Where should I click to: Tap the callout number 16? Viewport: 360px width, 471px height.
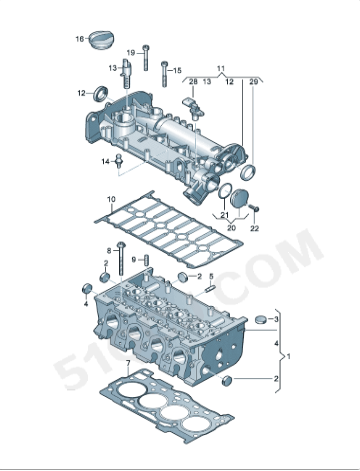[x=80, y=39]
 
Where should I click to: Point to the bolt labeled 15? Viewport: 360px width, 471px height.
[x=162, y=72]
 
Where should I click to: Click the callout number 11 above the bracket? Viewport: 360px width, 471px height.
[x=222, y=67]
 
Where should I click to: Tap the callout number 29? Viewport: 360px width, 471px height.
[x=253, y=80]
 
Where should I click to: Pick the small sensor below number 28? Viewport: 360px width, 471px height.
[x=190, y=102]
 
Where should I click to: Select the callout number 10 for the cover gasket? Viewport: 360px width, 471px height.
[x=111, y=200]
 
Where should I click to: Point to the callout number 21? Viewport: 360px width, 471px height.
[x=226, y=216]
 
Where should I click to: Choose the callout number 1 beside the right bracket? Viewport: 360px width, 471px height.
[x=290, y=355]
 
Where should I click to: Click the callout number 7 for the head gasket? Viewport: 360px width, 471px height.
[x=127, y=363]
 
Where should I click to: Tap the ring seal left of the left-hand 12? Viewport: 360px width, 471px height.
[x=100, y=94]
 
